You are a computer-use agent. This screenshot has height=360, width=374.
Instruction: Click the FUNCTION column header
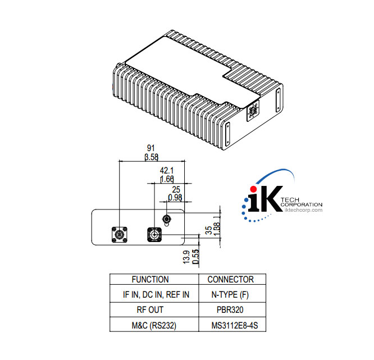[x=150, y=279]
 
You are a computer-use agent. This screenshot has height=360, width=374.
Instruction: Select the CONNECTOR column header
[x=230, y=279]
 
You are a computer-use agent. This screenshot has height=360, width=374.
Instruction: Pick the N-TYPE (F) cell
[x=230, y=294]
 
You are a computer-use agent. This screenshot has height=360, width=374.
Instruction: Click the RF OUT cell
[x=150, y=309]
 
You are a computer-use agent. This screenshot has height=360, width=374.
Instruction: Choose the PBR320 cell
[x=230, y=309]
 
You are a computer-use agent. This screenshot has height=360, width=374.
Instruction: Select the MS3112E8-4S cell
[x=230, y=325]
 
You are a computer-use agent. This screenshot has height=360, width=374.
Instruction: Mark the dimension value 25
[x=176, y=189]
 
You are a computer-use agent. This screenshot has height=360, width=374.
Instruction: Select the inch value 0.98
[x=176, y=198]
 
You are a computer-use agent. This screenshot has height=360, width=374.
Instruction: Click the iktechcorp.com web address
[x=304, y=210]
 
